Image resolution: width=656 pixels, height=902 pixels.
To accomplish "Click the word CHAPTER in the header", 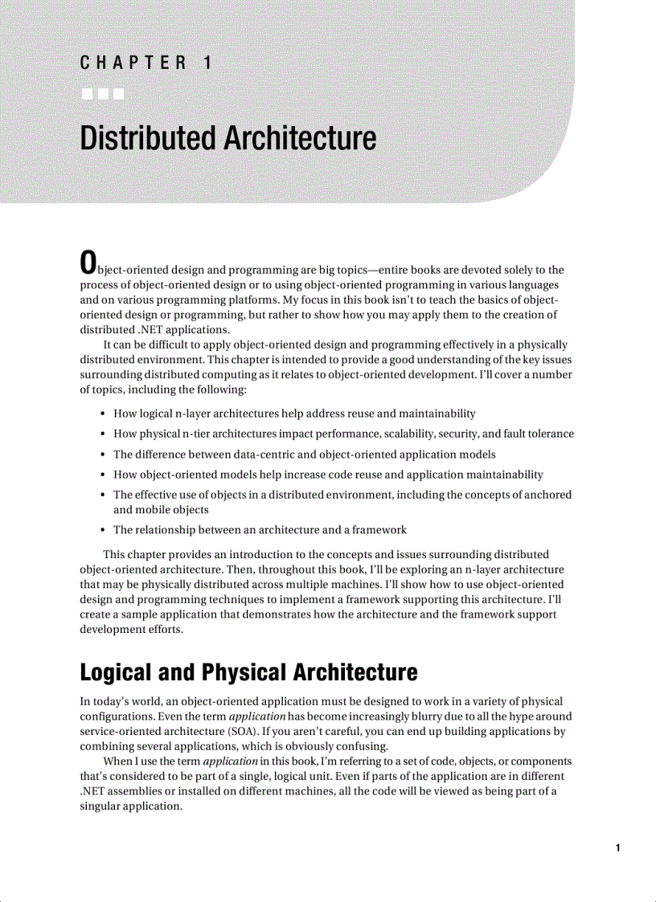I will pyautogui.click(x=133, y=63).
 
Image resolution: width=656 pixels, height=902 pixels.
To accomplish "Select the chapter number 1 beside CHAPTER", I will pyautogui.click(x=207, y=63).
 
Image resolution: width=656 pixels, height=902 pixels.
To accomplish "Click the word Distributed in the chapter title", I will pyautogui.click(x=147, y=138).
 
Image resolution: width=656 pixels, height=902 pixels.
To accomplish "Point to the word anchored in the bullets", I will pyautogui.click(x=547, y=495).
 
